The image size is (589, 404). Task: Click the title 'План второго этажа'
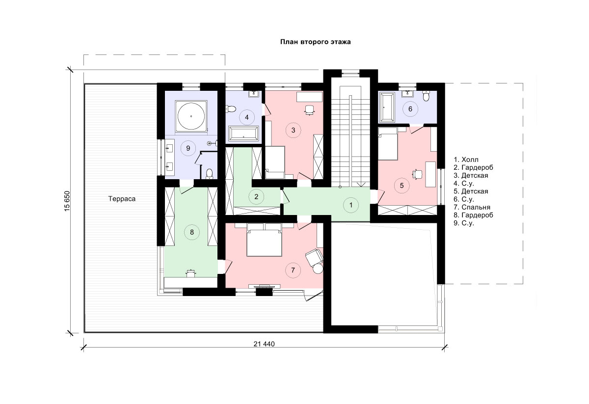tap(315, 42)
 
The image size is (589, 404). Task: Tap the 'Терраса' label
tap(122, 199)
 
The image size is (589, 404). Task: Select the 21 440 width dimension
tap(264, 344)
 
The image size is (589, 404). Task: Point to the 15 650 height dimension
tap(67, 201)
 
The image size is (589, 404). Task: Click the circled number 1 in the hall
tap(351, 205)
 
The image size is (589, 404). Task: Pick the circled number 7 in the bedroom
tap(293, 270)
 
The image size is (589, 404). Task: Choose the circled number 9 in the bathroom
tap(188, 148)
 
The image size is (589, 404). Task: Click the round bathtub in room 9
tap(191, 116)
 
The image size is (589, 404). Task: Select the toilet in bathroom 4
tap(231, 108)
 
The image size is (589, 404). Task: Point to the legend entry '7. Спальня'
tap(472, 207)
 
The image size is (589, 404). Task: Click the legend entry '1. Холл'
tap(466, 160)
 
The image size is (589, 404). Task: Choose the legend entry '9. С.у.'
tap(464, 223)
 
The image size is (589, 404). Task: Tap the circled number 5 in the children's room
tap(402, 186)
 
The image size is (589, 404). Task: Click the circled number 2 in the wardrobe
tap(256, 196)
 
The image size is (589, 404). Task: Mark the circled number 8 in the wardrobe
tap(192, 232)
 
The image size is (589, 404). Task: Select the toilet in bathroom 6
tap(426, 96)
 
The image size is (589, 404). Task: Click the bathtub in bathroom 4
tap(243, 134)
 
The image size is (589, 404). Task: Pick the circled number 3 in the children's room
tap(293, 130)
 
